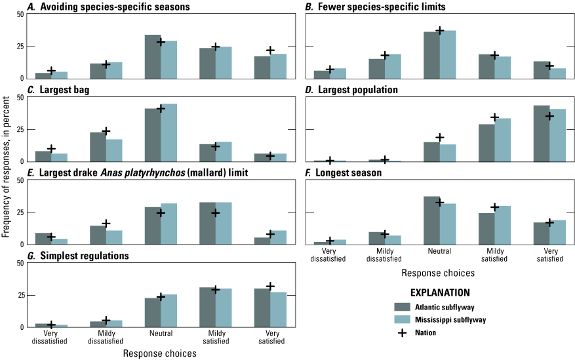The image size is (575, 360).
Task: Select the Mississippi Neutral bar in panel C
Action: (x=169, y=132)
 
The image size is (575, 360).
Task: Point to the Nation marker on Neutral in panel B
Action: (x=440, y=31)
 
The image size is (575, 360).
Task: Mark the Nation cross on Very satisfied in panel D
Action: (x=549, y=116)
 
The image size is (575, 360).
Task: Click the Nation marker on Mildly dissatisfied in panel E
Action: (x=106, y=224)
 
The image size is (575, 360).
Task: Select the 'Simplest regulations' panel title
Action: (x=73, y=255)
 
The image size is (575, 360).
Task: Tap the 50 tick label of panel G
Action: (x=21, y=264)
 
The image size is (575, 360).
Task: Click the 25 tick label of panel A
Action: (x=21, y=47)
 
